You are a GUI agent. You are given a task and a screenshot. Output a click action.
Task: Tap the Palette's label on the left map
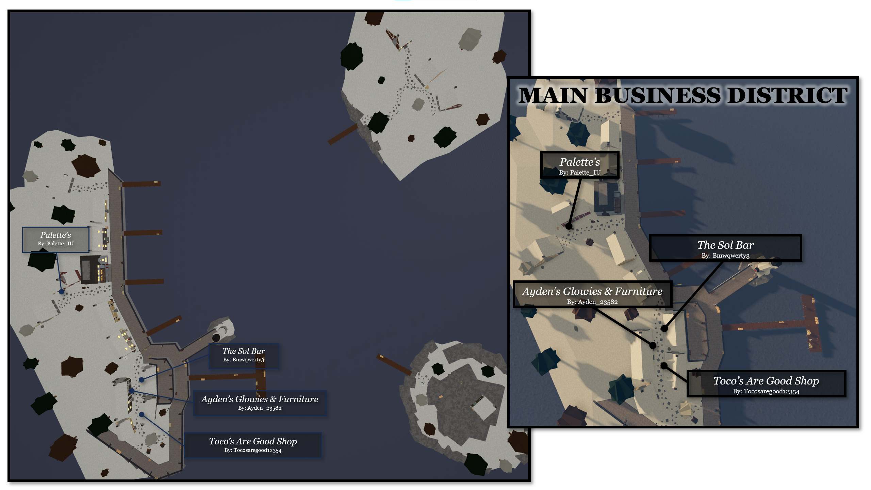(x=56, y=240)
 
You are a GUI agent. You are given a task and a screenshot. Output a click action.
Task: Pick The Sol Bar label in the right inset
(x=725, y=248)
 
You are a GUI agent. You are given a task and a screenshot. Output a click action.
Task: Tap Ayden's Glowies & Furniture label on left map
(x=260, y=403)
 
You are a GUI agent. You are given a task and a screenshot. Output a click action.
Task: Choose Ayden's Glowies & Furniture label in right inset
(x=592, y=295)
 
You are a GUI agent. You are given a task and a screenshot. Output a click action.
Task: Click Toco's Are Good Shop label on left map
(x=253, y=445)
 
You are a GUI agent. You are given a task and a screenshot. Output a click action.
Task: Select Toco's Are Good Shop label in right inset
(x=766, y=383)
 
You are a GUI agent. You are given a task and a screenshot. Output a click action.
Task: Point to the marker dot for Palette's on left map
(x=62, y=292)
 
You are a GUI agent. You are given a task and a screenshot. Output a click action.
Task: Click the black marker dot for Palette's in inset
(x=569, y=226)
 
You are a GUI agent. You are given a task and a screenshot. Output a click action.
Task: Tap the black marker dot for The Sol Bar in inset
(x=664, y=329)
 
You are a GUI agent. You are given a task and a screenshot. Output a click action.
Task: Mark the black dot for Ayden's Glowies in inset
(x=653, y=346)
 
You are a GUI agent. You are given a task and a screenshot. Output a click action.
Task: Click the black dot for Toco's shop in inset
(x=664, y=366)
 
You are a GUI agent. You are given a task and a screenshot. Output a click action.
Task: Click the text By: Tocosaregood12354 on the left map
(x=253, y=451)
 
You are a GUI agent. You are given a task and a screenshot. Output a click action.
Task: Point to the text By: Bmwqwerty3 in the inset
(x=725, y=256)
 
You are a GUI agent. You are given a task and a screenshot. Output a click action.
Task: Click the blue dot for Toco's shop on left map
(x=142, y=414)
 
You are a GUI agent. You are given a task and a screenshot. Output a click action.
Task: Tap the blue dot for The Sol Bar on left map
(x=142, y=380)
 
